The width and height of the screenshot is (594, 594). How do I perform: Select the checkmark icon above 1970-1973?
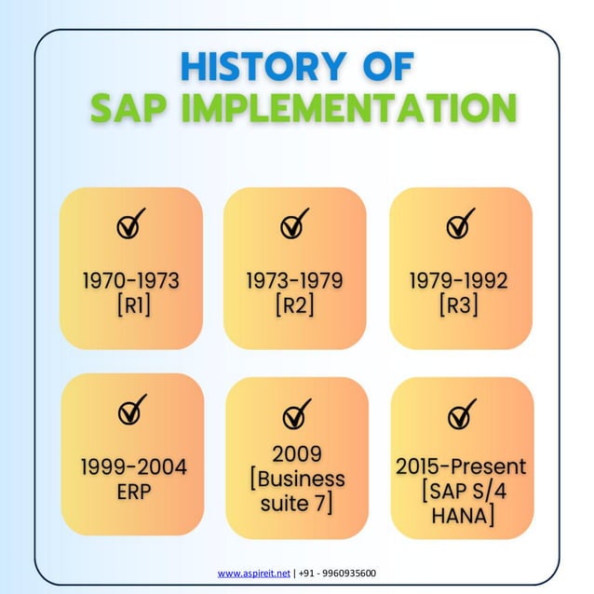tap(131, 224)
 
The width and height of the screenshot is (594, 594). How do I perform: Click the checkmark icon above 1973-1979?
tap(295, 224)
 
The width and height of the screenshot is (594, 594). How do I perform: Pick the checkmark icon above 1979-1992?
tap(460, 224)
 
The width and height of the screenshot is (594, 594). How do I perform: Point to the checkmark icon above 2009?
tap(296, 412)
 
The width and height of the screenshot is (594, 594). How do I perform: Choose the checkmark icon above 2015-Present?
tap(461, 412)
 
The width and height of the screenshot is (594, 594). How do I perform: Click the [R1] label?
tap(130, 304)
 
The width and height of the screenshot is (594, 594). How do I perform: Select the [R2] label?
tap(294, 304)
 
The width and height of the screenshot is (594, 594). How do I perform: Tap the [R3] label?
tap(459, 304)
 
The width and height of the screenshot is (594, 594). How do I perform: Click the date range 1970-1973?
tap(130, 280)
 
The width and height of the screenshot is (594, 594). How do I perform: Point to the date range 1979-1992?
tap(459, 280)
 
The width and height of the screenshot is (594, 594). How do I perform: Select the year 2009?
tap(296, 454)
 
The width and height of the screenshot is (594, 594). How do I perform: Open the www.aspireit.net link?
tap(254, 574)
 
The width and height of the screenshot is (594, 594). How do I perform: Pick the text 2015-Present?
tap(460, 466)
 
